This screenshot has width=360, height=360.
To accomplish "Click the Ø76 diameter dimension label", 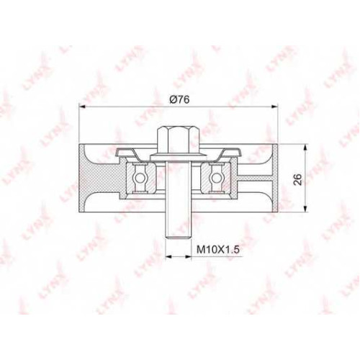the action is [179, 99].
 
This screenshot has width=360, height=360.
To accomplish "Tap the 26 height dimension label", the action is [297, 179].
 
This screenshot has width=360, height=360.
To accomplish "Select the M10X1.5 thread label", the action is [218, 250].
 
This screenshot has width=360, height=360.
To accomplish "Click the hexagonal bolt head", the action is [179, 141].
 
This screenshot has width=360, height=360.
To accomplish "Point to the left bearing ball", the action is [139, 178].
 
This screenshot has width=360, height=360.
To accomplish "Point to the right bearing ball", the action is [215, 178].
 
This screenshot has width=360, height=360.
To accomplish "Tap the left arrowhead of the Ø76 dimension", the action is [82, 107].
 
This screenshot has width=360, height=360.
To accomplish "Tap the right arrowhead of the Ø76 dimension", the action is [274, 107].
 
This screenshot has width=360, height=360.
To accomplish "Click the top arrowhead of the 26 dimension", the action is [305, 148].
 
